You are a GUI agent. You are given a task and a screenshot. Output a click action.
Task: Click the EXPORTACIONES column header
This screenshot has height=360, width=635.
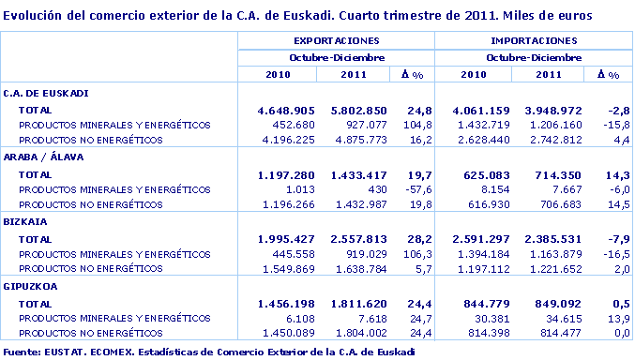[x=336, y=41]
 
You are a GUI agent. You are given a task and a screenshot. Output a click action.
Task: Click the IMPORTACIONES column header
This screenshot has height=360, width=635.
[x=534, y=41]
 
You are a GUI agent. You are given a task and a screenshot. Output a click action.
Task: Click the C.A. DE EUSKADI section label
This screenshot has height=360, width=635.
[x=46, y=93]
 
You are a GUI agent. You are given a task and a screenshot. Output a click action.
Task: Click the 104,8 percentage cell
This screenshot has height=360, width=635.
[x=416, y=125]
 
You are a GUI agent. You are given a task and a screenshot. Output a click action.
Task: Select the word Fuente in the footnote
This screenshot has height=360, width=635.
[x=21, y=352]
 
